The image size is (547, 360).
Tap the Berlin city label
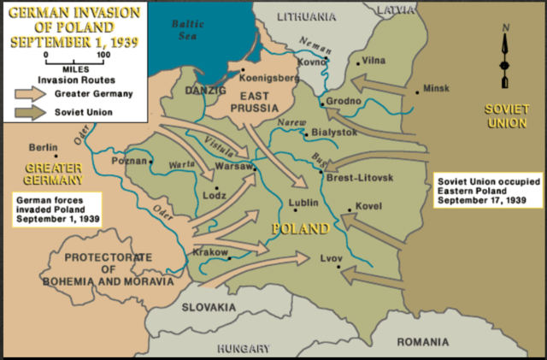pyautogui.click(x=44, y=146)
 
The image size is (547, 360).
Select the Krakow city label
pyautogui.click(x=209, y=252)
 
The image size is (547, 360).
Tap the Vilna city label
pyautogui.click(x=373, y=61)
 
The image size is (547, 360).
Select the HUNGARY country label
pyautogui.click(x=243, y=348)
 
